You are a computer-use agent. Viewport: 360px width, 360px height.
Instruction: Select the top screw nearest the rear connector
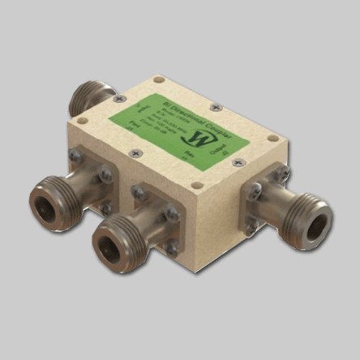click(x=123, y=100)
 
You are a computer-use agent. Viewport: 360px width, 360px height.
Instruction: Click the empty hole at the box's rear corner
click(x=159, y=79)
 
